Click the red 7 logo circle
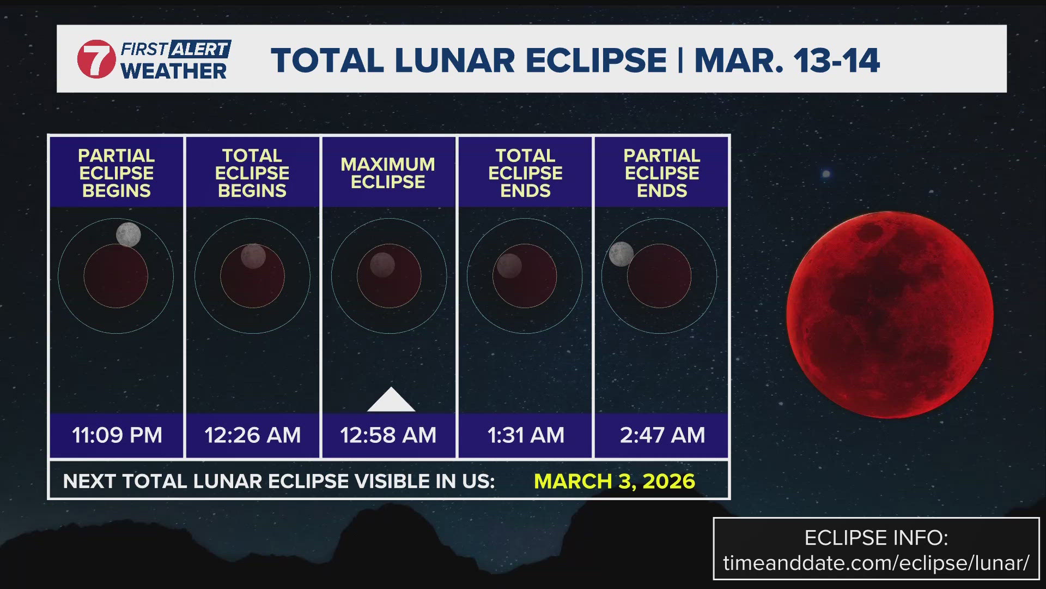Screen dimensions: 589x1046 point(96,59)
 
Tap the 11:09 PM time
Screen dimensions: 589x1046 point(117,435)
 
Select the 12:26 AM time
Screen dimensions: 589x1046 point(252,435)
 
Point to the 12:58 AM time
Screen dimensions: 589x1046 point(388,435)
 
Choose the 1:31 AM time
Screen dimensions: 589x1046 point(525,435)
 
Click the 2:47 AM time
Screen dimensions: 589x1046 point(662,435)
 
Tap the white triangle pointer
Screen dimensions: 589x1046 point(391,401)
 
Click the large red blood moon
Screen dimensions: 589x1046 point(889,315)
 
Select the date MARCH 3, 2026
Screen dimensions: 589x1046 point(614,481)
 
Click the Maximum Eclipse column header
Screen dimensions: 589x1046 point(388,173)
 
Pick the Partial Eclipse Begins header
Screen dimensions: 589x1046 point(116,173)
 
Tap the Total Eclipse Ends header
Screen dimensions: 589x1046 point(525,173)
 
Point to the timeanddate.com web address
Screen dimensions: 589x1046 point(876,563)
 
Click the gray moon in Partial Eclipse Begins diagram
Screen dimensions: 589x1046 point(129,235)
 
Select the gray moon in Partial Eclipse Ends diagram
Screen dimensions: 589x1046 point(621,254)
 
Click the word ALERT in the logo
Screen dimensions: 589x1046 point(199,49)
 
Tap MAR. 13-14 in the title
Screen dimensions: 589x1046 point(787,60)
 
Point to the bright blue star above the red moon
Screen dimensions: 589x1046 point(826,174)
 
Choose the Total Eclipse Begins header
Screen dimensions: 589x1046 point(252,173)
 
